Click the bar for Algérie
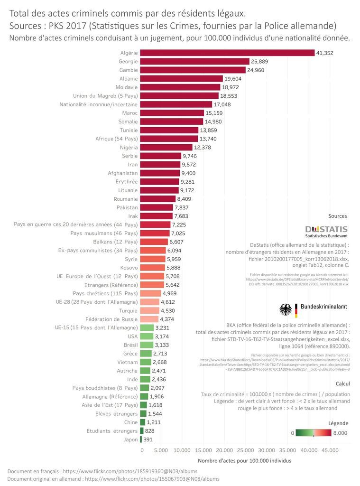(x=227, y=53)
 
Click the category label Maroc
(x=129, y=113)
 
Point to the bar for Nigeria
(x=166, y=148)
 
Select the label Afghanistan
(x=123, y=173)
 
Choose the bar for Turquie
(x=149, y=311)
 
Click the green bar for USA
(x=147, y=336)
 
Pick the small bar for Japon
(x=141, y=439)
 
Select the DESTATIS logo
(x=326, y=231)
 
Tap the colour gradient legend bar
(x=313, y=432)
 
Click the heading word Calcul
(x=342, y=383)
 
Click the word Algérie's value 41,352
(x=325, y=53)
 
